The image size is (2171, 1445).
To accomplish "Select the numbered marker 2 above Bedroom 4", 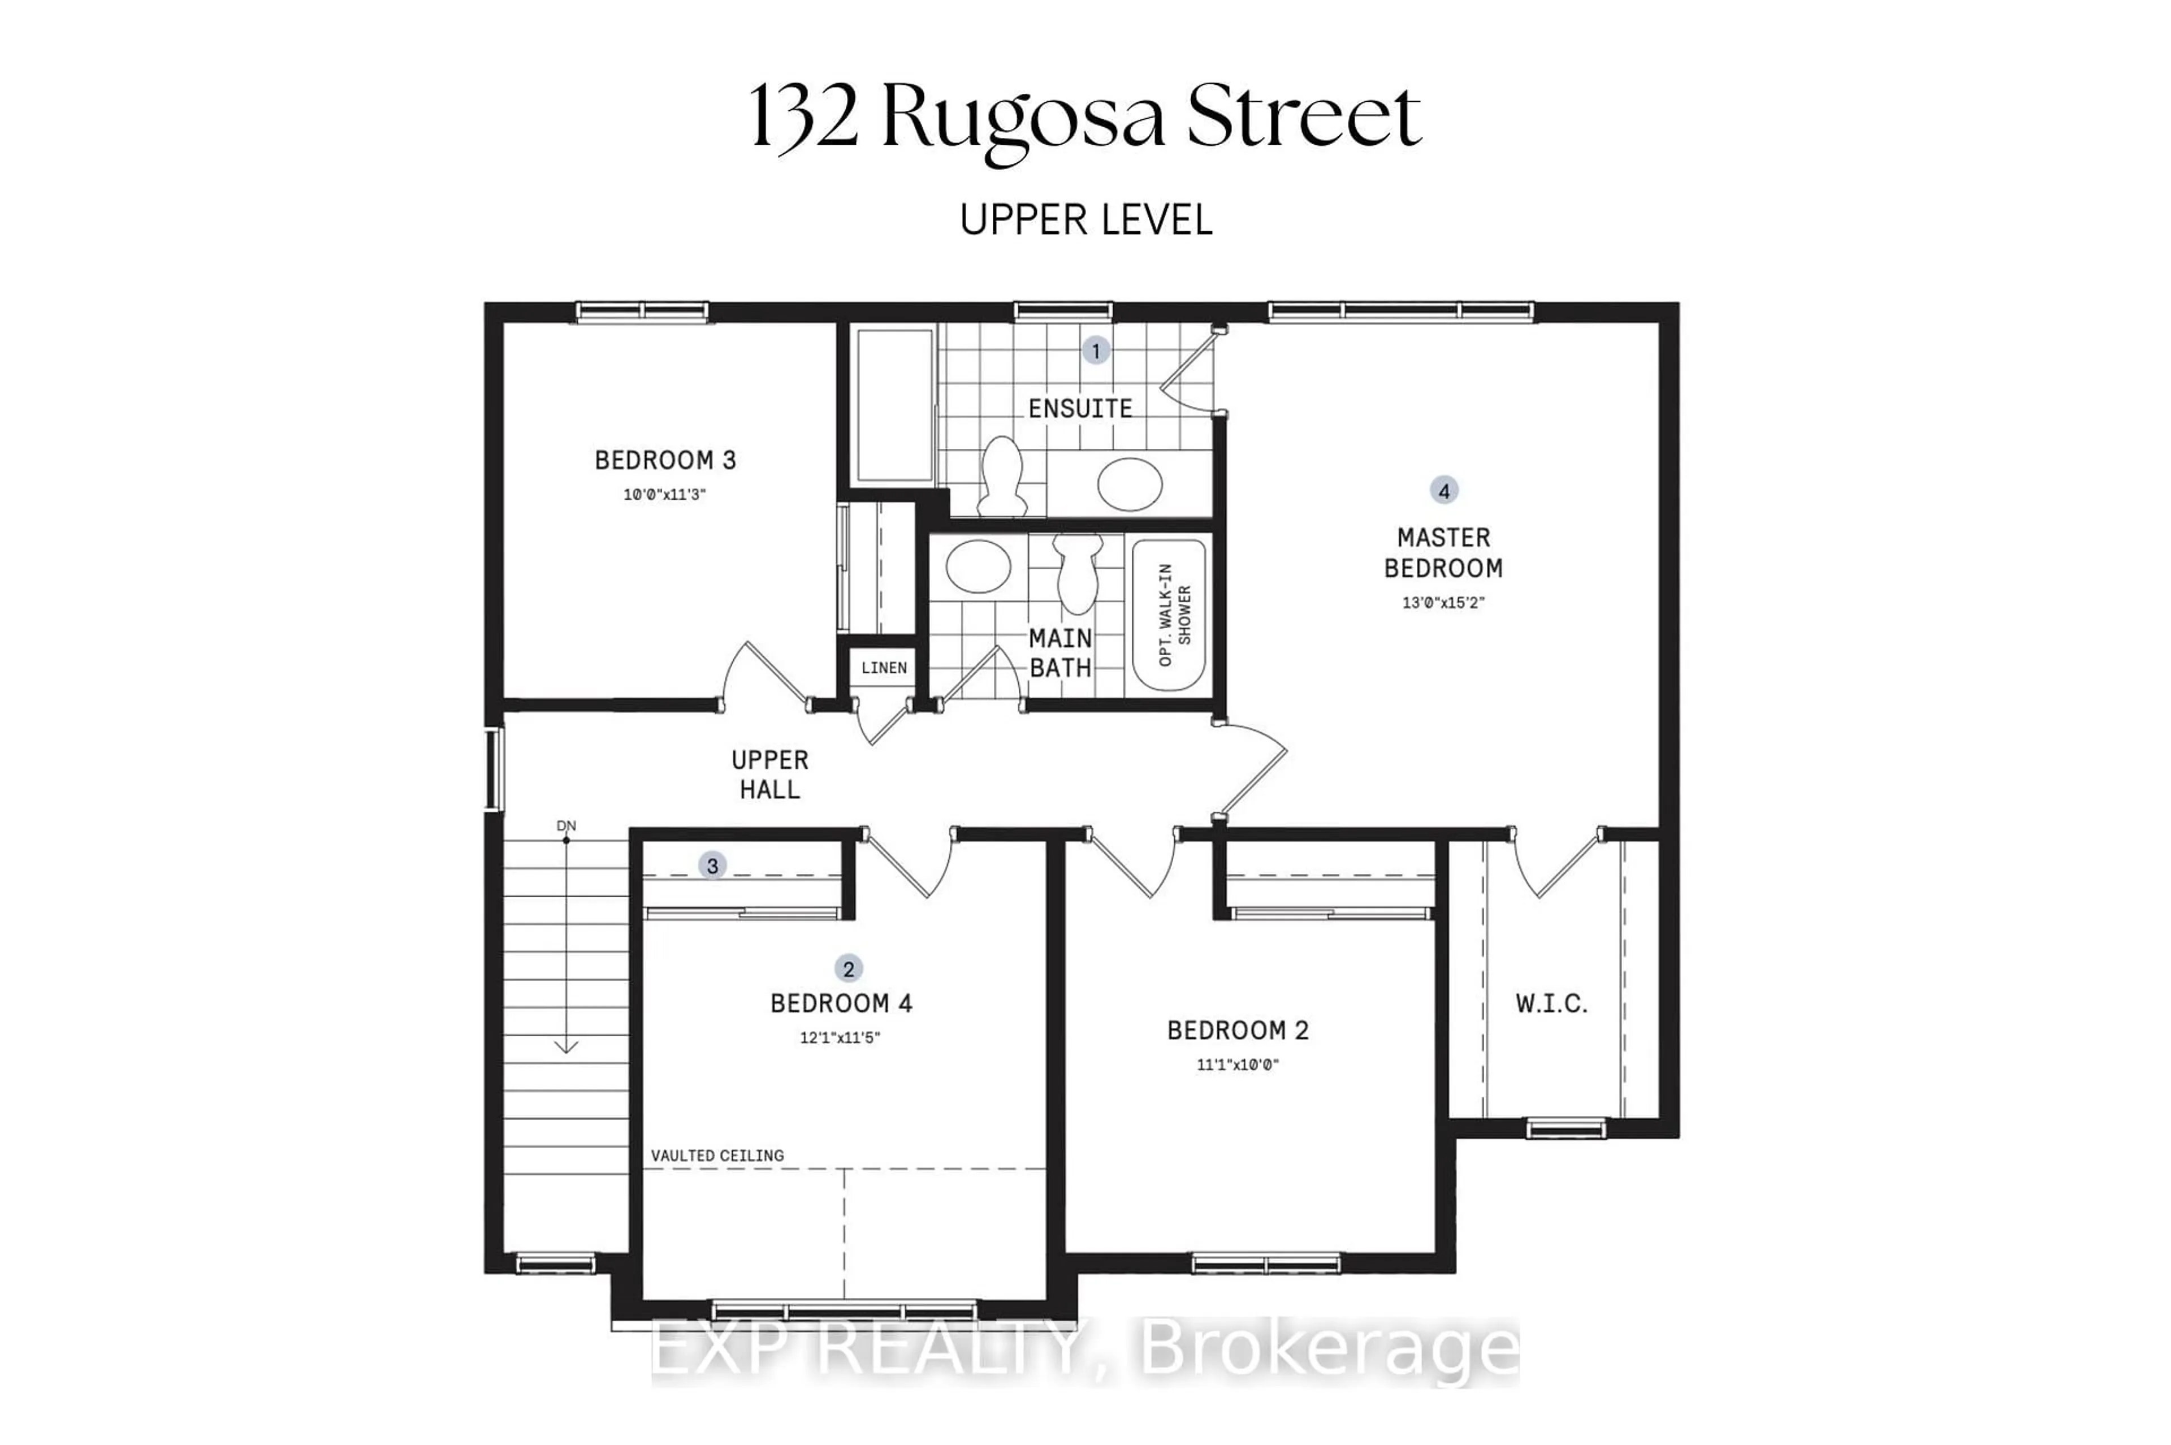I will click(847, 968).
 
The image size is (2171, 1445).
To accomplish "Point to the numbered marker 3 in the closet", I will click(711, 866).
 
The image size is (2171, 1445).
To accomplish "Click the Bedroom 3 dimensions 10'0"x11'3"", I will click(664, 495).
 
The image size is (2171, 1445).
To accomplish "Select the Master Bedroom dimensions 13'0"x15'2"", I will click(1443, 603).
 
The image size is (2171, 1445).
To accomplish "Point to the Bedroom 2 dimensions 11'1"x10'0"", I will click(1238, 1065).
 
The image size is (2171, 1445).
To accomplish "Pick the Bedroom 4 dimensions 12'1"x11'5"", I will click(840, 1037).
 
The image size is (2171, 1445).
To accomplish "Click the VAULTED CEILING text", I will click(717, 1156).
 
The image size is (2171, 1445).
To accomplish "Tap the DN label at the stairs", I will click(566, 826).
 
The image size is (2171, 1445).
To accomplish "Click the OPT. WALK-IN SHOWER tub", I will click(1169, 615).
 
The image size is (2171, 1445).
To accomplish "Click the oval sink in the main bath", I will click(978, 566).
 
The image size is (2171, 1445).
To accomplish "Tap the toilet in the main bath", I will click(1077, 573).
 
